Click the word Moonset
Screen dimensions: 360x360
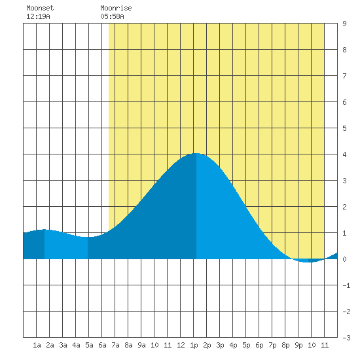(40, 8)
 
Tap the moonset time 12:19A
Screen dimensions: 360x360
(38, 16)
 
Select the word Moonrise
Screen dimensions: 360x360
(116, 8)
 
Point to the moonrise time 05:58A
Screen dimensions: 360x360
(112, 16)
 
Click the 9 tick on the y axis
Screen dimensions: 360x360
(344, 24)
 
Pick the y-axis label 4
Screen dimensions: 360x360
(344, 154)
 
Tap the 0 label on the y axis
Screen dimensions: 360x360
(344, 259)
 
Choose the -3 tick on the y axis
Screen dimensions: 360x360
(346, 338)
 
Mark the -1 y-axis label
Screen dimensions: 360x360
(346, 285)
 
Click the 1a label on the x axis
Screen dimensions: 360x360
(37, 345)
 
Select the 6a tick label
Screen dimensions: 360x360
(102, 345)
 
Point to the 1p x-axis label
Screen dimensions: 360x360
(194, 345)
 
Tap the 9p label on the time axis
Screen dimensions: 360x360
(298, 345)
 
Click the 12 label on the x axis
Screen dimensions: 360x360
(181, 345)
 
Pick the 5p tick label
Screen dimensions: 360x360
(246, 345)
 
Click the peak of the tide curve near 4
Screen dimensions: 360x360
(196, 153)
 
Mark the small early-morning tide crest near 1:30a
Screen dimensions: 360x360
(44, 229)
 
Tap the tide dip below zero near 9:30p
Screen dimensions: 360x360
(306, 262)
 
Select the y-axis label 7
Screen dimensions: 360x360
(344, 76)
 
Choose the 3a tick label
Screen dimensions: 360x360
(63, 345)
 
